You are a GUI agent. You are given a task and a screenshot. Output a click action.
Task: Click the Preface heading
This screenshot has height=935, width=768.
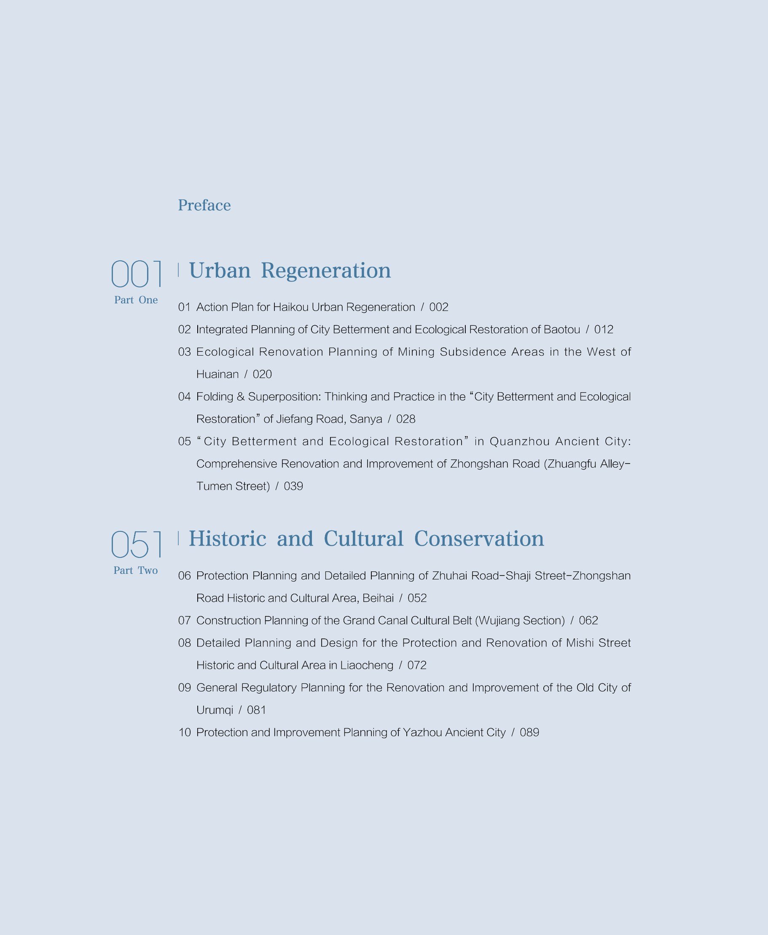click(204, 205)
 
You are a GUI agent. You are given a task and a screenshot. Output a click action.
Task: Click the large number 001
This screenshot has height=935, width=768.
click(136, 274)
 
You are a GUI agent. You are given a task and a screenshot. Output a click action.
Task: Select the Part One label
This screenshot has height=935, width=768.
click(136, 300)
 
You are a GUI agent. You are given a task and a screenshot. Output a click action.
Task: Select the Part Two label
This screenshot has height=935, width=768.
click(135, 571)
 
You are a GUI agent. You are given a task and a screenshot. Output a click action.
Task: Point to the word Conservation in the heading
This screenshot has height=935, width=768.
click(479, 538)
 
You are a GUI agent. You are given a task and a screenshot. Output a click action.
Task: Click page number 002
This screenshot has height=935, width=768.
click(438, 307)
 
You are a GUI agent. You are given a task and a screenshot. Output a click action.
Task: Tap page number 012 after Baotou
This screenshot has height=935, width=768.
click(604, 330)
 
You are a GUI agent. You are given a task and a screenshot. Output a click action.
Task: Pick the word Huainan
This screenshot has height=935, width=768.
click(217, 374)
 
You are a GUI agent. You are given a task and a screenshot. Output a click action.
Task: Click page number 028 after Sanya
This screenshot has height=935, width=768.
click(405, 419)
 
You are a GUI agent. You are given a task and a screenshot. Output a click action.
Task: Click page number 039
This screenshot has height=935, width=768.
click(293, 486)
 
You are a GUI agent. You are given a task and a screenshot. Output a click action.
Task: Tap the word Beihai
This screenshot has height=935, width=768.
click(378, 598)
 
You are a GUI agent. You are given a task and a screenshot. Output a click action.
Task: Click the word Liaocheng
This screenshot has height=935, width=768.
click(366, 665)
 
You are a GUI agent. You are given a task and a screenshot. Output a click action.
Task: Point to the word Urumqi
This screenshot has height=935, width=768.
click(215, 710)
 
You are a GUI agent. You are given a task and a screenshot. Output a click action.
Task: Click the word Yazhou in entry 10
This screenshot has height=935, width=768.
click(422, 732)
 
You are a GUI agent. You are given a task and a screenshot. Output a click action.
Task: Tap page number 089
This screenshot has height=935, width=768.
click(529, 732)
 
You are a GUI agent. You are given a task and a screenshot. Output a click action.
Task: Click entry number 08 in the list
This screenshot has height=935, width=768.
click(185, 643)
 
